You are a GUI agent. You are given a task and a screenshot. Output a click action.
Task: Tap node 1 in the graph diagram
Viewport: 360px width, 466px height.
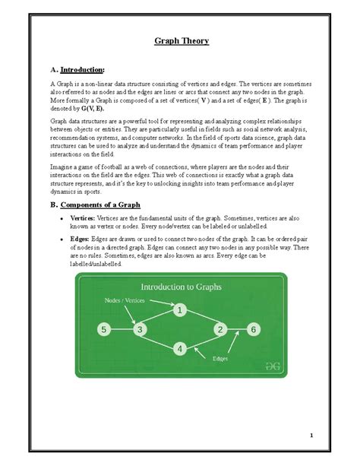pos(179,310)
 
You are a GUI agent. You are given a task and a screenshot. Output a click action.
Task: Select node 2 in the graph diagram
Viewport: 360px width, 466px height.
pos(220,329)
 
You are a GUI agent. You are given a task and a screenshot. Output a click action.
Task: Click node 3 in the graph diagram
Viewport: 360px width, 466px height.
pos(139,329)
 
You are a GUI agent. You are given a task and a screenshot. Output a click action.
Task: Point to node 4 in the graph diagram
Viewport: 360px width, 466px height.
pos(179,349)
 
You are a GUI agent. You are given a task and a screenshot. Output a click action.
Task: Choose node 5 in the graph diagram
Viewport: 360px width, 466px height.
pos(104,329)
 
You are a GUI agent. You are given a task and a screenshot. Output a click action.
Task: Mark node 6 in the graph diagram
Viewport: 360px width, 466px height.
pos(254,329)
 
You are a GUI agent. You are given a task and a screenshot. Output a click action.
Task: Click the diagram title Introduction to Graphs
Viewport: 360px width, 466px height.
pos(180,287)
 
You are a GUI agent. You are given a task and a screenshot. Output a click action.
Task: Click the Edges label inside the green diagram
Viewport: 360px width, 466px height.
pos(221,358)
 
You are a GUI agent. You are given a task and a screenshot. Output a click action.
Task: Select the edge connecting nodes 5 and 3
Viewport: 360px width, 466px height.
pos(122,329)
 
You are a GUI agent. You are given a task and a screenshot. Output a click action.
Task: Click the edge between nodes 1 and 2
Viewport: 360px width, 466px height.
pos(201,320)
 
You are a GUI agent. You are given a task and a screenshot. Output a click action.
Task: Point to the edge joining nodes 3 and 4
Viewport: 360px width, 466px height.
pos(159,339)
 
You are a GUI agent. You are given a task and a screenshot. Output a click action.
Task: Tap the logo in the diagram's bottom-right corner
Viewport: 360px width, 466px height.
pos(264,366)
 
